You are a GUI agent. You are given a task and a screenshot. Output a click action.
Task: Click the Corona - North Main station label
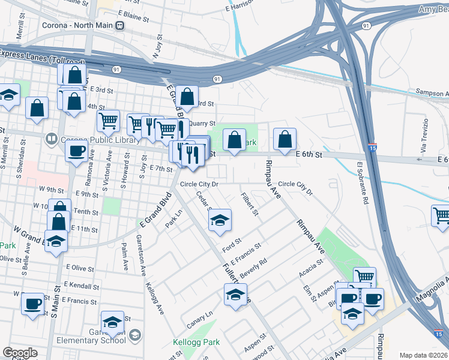pos(79,25)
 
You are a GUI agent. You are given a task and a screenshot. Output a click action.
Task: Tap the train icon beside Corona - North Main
pos(120,25)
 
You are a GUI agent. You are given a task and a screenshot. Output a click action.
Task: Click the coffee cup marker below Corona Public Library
pos(76,151)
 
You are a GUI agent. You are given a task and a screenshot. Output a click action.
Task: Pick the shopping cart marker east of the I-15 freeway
pos(441,215)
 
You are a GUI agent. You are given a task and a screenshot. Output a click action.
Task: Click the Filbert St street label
pos(249,204)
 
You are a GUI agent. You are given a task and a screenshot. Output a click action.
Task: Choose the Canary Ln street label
pos(200,316)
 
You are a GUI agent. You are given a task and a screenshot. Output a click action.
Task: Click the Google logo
pos(20,353)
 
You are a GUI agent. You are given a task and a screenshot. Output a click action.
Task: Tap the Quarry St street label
pos(202,124)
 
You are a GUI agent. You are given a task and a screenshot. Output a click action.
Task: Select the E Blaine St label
pos(133,16)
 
